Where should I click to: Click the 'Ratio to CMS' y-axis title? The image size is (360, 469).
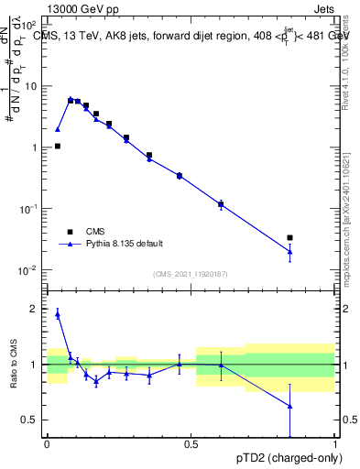click(x=14, y=365)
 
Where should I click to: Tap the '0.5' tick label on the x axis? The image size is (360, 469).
click(x=191, y=444)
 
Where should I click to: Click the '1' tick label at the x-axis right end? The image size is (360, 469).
click(x=335, y=444)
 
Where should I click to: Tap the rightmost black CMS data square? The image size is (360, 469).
click(x=289, y=238)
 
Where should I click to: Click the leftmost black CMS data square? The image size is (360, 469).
click(x=58, y=146)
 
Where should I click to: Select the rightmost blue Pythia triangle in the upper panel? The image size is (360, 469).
click(x=289, y=251)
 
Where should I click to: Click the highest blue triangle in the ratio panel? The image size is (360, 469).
click(x=58, y=313)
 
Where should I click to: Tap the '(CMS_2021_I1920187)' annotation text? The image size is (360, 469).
click(x=191, y=274)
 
